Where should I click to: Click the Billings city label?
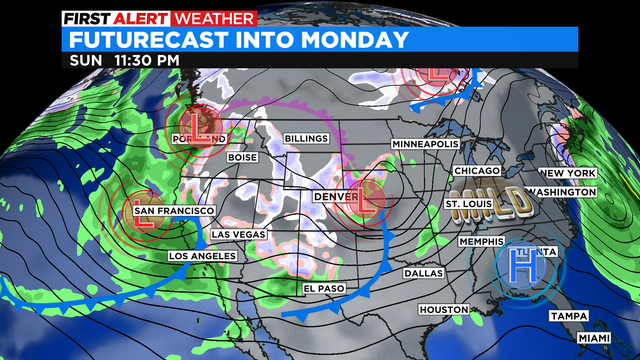tap(306, 137)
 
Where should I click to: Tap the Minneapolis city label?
tap(425, 144)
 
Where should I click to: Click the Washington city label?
tap(561, 191)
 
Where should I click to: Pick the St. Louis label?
tap(468, 205)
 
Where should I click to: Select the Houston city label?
tap(443, 310)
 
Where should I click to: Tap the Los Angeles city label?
tap(203, 257)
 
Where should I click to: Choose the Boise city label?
tap(243, 157)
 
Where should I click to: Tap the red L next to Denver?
tap(366, 207)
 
